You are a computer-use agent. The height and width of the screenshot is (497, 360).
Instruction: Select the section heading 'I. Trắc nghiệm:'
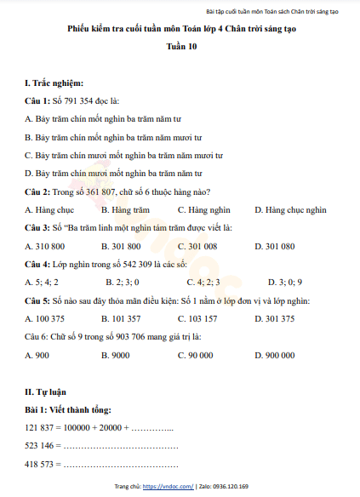pos(54,83)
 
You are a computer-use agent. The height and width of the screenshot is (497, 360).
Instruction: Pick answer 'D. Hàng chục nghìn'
pos(290,209)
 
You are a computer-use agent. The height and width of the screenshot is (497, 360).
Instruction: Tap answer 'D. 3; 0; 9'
pos(285,282)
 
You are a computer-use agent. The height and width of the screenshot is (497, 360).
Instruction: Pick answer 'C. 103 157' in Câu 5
pos(197,319)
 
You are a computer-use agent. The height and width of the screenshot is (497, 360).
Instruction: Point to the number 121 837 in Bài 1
pos(42,427)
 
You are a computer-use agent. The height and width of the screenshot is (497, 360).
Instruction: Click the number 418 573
pos(42,464)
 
